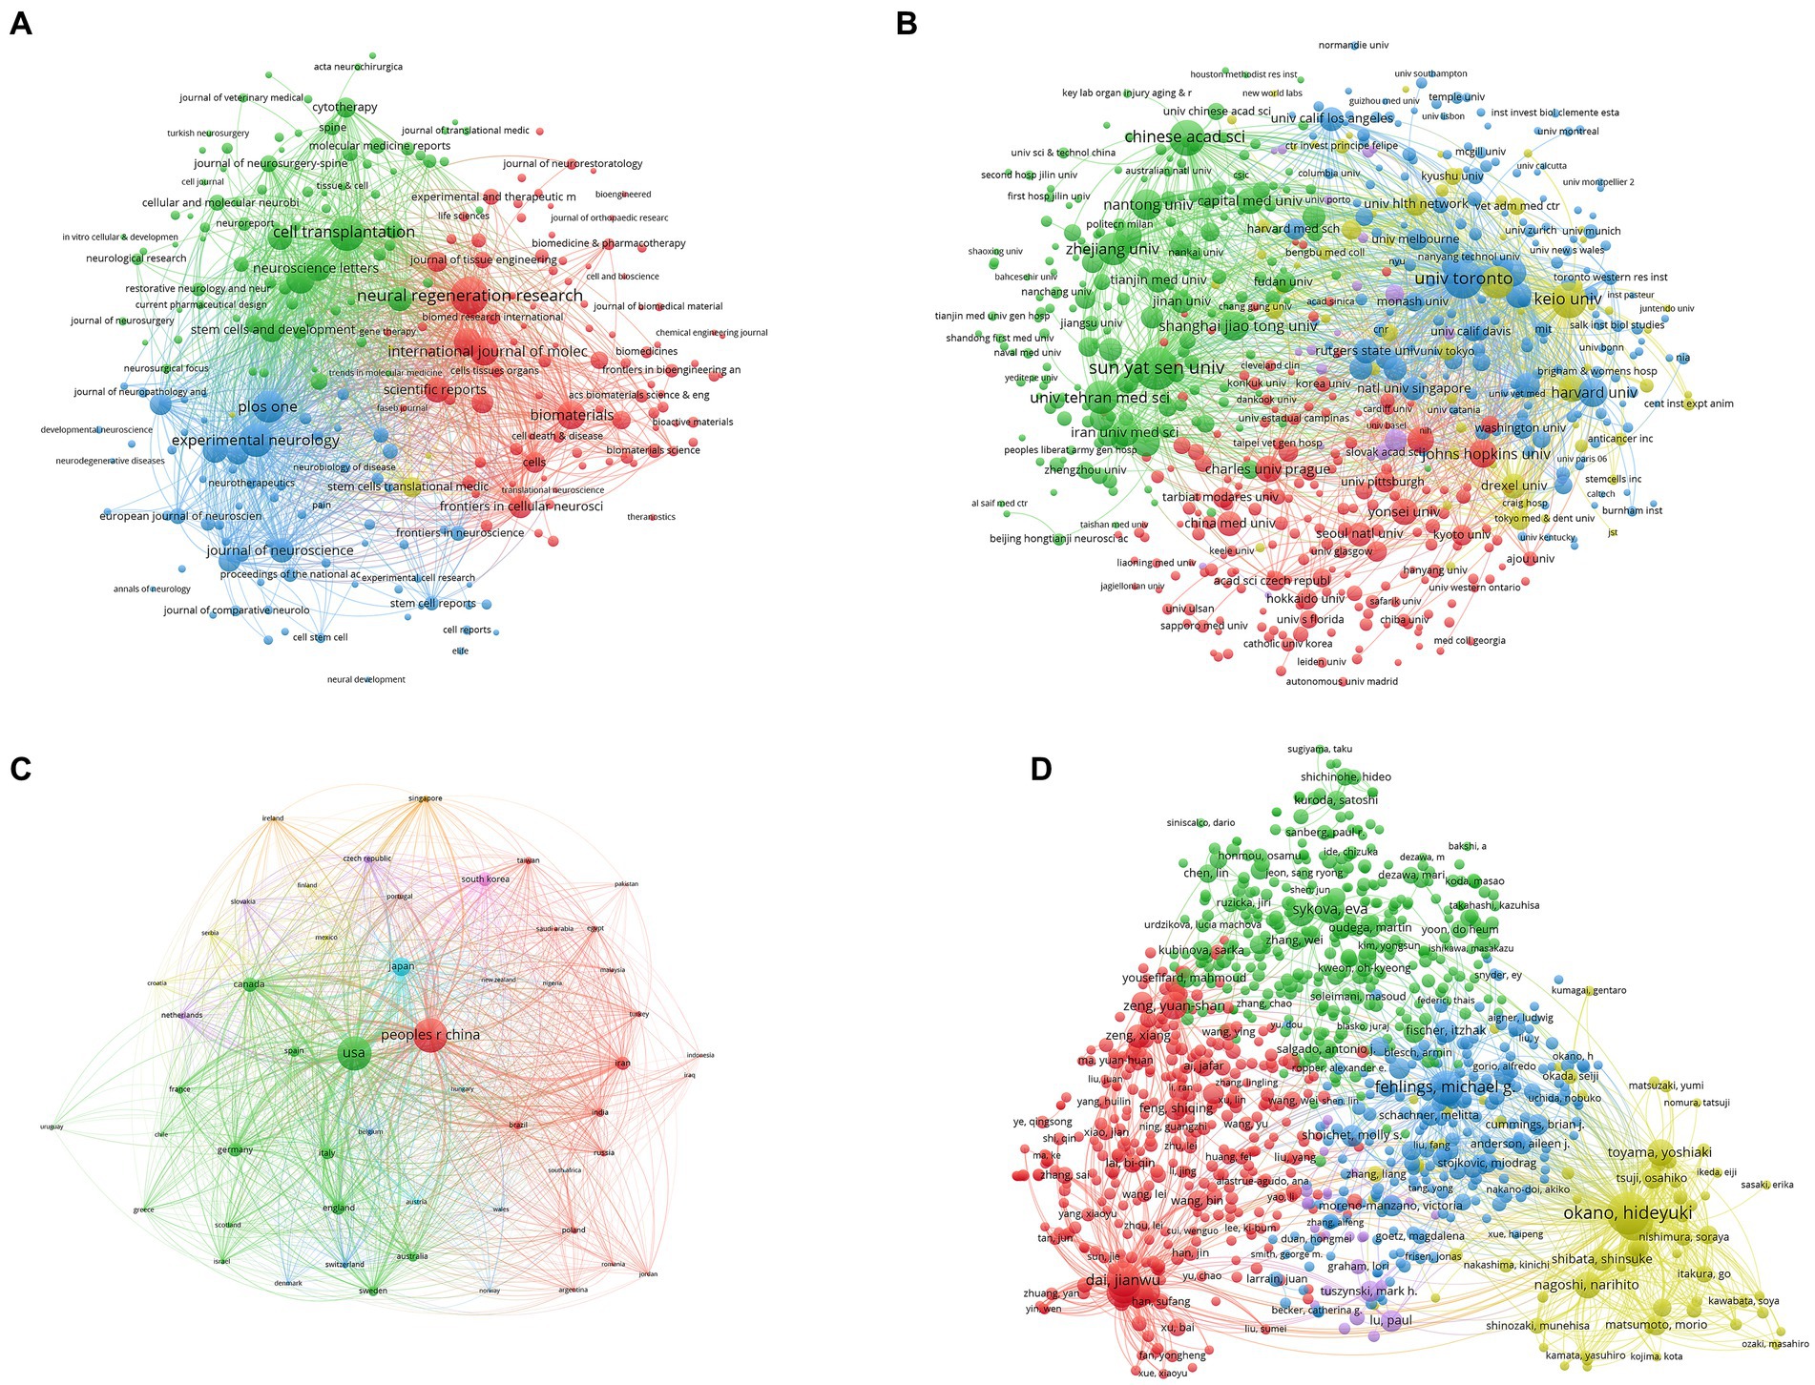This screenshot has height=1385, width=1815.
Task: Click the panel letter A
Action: click(x=20, y=24)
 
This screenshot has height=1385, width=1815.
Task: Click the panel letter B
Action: click(x=907, y=24)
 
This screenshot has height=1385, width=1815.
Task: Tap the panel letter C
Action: click(x=20, y=769)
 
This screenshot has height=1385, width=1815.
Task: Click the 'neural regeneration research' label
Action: click(x=469, y=296)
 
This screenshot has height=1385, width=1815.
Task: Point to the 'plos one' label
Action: click(x=267, y=407)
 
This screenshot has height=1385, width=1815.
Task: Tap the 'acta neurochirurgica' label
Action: click(x=358, y=67)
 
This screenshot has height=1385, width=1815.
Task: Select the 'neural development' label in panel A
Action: click(x=365, y=680)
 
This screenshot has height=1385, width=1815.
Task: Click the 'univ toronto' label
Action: click(x=1463, y=279)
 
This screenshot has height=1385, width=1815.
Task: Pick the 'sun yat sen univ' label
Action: click(x=1156, y=367)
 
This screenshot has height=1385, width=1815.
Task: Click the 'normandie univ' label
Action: click(x=1353, y=45)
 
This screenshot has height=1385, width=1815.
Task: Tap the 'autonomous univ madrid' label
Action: click(x=1342, y=681)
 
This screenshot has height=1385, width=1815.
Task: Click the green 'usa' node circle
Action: click(x=354, y=1053)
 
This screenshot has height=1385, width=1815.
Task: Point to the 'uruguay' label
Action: click(x=52, y=1127)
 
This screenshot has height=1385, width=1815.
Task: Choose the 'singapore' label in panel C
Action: click(x=425, y=798)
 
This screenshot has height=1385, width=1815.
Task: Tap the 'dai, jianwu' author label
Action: click(x=1122, y=1280)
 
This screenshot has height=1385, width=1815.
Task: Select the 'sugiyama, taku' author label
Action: click(x=1320, y=749)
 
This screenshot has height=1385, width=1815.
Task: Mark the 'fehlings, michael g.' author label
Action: click(x=1444, y=1087)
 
